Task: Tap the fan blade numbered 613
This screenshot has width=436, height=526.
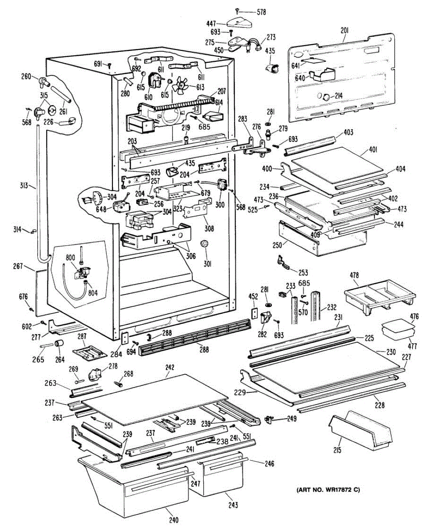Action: click(180, 86)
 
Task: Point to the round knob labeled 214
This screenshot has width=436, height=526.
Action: click(327, 97)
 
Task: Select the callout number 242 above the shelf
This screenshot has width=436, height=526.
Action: click(170, 369)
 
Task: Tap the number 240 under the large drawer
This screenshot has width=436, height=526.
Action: click(173, 520)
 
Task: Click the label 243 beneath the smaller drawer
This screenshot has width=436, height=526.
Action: click(233, 505)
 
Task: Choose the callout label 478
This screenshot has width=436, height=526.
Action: click(354, 275)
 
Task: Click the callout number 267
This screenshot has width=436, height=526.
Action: click(30, 267)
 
